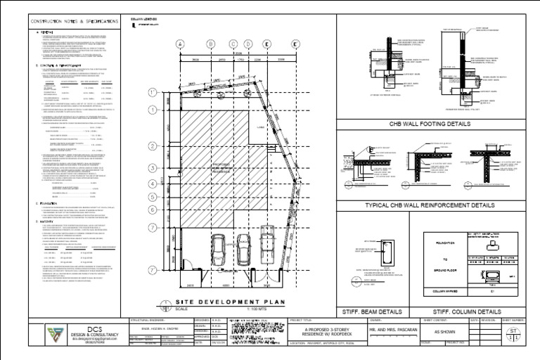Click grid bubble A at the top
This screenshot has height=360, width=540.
(180, 44)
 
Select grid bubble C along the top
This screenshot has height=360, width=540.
(232, 44)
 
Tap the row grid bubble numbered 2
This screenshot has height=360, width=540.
(153, 146)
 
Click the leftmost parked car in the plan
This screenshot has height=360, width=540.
(219, 247)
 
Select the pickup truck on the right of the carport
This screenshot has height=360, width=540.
(268, 245)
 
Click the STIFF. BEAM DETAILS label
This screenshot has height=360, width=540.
(372, 310)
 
